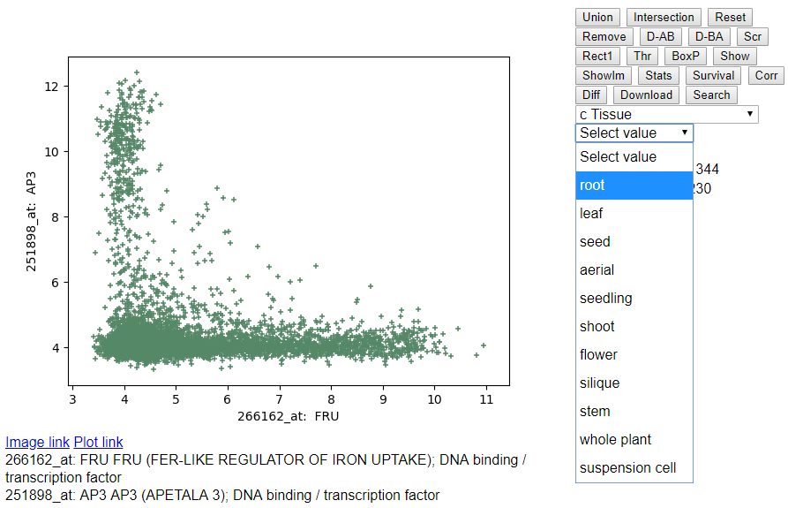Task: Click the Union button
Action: [x=597, y=17]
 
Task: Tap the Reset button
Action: [x=731, y=17]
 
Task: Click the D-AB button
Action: [x=660, y=37]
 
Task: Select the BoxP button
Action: [x=686, y=56]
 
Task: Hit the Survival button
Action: [x=713, y=75]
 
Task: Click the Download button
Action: [x=646, y=95]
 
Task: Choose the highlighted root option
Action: [x=634, y=186]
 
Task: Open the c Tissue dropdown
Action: [x=667, y=114]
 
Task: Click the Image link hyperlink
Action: [x=37, y=442]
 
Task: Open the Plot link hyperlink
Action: [x=99, y=442]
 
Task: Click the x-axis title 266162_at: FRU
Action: [x=288, y=416]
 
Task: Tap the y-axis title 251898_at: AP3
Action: [x=31, y=222]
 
